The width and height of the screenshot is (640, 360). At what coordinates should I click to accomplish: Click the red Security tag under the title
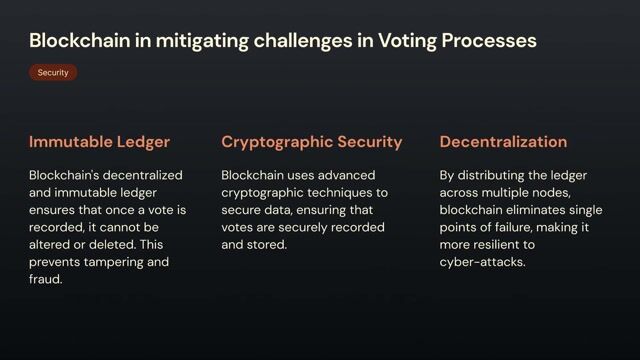53,73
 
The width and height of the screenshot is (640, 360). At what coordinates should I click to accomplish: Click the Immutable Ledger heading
99,142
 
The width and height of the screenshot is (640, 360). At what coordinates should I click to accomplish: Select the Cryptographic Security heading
312,142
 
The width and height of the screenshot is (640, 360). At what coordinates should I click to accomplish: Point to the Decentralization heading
503,142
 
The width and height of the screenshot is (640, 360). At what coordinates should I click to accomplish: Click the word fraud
46,280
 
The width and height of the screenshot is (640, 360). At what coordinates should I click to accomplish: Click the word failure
516,227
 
